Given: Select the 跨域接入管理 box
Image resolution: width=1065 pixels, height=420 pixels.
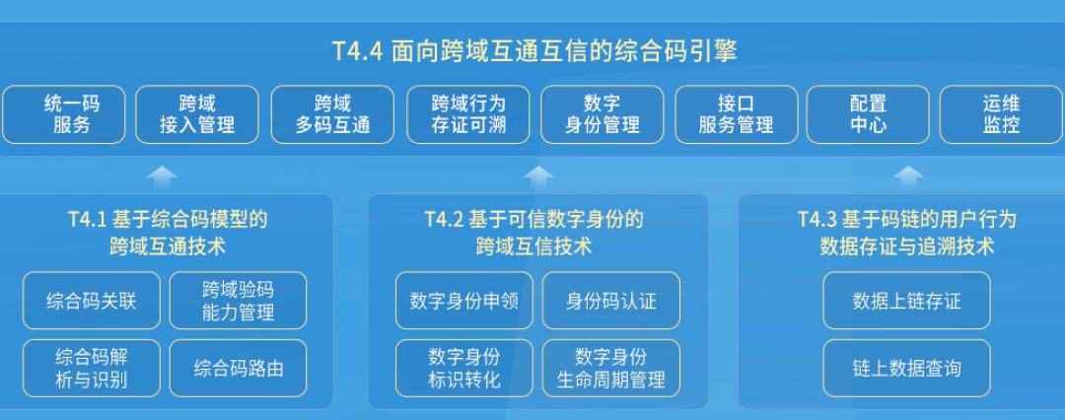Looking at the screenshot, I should point(197,114).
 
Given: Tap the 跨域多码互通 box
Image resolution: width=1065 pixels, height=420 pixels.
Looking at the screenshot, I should point(332,114).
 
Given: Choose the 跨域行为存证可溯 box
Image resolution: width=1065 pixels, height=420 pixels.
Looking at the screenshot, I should point(468,114).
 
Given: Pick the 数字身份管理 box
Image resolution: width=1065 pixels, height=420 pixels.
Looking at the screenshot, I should point(602,114).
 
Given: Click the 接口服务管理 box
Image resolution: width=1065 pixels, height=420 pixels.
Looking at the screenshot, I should point(736,114).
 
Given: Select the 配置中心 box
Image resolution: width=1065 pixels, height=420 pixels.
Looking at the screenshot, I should point(868,114).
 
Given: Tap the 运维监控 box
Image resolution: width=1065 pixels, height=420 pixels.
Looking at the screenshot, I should point(1001,114).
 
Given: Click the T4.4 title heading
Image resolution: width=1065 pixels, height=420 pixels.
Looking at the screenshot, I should point(533,51).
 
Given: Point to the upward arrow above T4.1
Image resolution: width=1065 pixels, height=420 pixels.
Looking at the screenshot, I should point(163,176).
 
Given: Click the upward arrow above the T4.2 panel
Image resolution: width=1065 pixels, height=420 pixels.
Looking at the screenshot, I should point(537,176).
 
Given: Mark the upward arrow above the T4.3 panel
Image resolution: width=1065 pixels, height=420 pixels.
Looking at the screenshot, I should point(907,176).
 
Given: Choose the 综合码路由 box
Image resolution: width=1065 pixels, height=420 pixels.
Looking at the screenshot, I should point(238,369).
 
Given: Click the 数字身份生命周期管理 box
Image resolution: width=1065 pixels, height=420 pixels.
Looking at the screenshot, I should point(610,369).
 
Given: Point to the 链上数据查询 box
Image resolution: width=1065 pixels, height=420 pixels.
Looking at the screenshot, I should point(906,369).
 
